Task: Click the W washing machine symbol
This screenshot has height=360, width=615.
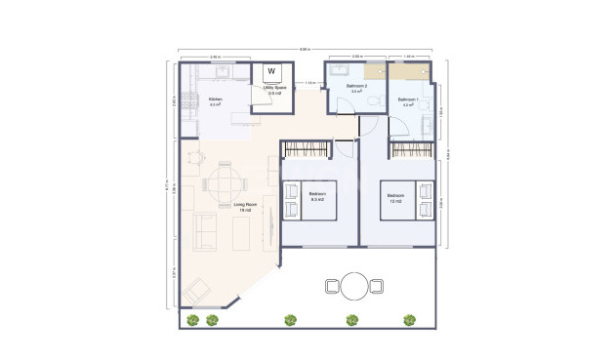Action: click(x=270, y=71)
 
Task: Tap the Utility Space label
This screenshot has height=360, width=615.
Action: click(x=273, y=89)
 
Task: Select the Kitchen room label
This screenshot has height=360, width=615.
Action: click(x=216, y=101)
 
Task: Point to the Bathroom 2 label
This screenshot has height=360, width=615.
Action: click(x=357, y=87)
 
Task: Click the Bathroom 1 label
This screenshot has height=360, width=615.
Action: click(x=408, y=101)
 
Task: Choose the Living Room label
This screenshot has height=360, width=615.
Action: click(x=244, y=206)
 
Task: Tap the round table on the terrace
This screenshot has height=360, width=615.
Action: click(x=354, y=286)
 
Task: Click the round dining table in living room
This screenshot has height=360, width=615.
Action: click(x=225, y=181)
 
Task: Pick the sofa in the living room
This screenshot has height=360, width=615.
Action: click(x=207, y=231)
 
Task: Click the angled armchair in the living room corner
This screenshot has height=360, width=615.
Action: click(x=198, y=290)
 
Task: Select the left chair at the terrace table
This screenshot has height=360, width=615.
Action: click(x=331, y=286)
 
